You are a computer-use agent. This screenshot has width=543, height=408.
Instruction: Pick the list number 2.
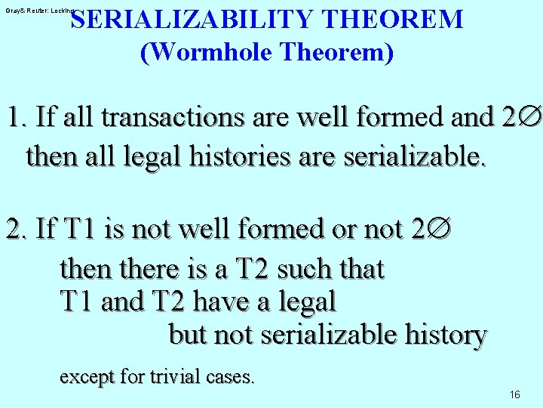point(14,229)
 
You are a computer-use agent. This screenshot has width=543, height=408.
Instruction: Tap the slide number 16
point(515,395)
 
